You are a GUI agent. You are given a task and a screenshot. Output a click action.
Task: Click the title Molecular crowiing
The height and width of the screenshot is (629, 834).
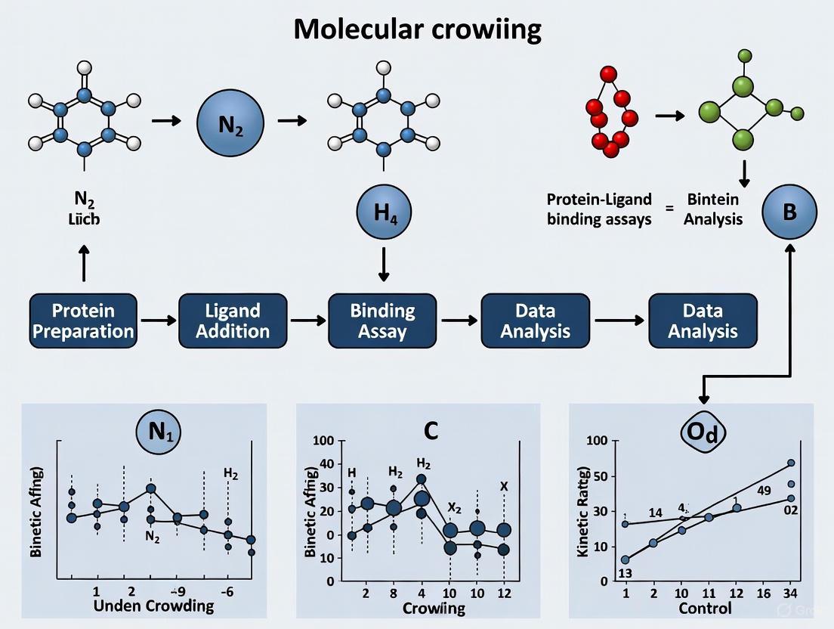click(417, 29)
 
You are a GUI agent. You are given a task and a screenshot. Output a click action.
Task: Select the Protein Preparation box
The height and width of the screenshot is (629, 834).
click(83, 321)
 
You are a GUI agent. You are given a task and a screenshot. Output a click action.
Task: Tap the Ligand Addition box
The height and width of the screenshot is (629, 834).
click(233, 321)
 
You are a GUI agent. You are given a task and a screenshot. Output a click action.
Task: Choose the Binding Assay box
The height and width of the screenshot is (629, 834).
click(382, 321)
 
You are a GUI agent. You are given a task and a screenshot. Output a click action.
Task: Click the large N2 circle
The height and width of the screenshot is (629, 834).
click(230, 122)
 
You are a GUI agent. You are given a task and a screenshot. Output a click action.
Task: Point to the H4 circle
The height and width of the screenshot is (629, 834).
click(382, 212)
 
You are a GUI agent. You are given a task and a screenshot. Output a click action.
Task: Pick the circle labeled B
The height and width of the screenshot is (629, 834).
click(789, 211)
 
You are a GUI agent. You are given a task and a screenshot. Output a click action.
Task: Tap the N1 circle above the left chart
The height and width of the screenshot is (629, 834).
click(159, 432)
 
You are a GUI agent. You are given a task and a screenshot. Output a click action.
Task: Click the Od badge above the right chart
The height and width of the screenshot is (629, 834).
click(703, 432)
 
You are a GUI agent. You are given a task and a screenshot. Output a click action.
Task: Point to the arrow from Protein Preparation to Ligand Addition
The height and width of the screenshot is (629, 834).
click(158, 321)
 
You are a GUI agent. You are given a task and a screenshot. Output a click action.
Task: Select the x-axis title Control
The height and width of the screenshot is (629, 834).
click(706, 609)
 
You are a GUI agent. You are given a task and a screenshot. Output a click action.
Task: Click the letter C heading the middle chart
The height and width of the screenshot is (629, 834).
click(431, 430)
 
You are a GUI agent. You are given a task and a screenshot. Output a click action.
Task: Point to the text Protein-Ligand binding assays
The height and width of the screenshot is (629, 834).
click(600, 209)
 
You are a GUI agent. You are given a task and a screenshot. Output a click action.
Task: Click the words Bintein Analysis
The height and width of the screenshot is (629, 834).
click(714, 209)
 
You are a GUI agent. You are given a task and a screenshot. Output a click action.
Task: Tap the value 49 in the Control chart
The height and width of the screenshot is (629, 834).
click(764, 491)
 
